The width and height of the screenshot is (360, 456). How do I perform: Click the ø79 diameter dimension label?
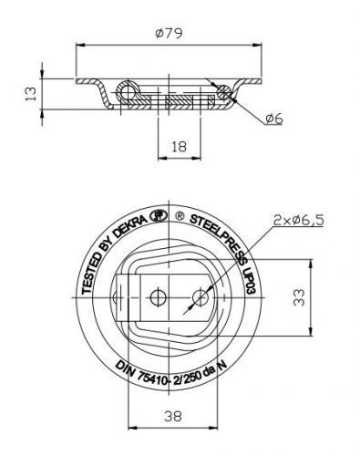(169, 33)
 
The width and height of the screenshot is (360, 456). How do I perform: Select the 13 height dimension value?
(31, 94)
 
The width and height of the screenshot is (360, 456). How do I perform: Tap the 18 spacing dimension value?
(179, 147)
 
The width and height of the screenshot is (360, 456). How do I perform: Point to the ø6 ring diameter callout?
(274, 119)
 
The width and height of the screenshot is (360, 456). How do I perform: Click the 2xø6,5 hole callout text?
(298, 220)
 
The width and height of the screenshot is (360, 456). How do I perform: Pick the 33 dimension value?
(299, 297)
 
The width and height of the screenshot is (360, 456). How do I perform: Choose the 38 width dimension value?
(173, 416)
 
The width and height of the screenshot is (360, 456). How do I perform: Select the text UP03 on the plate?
(251, 281)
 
